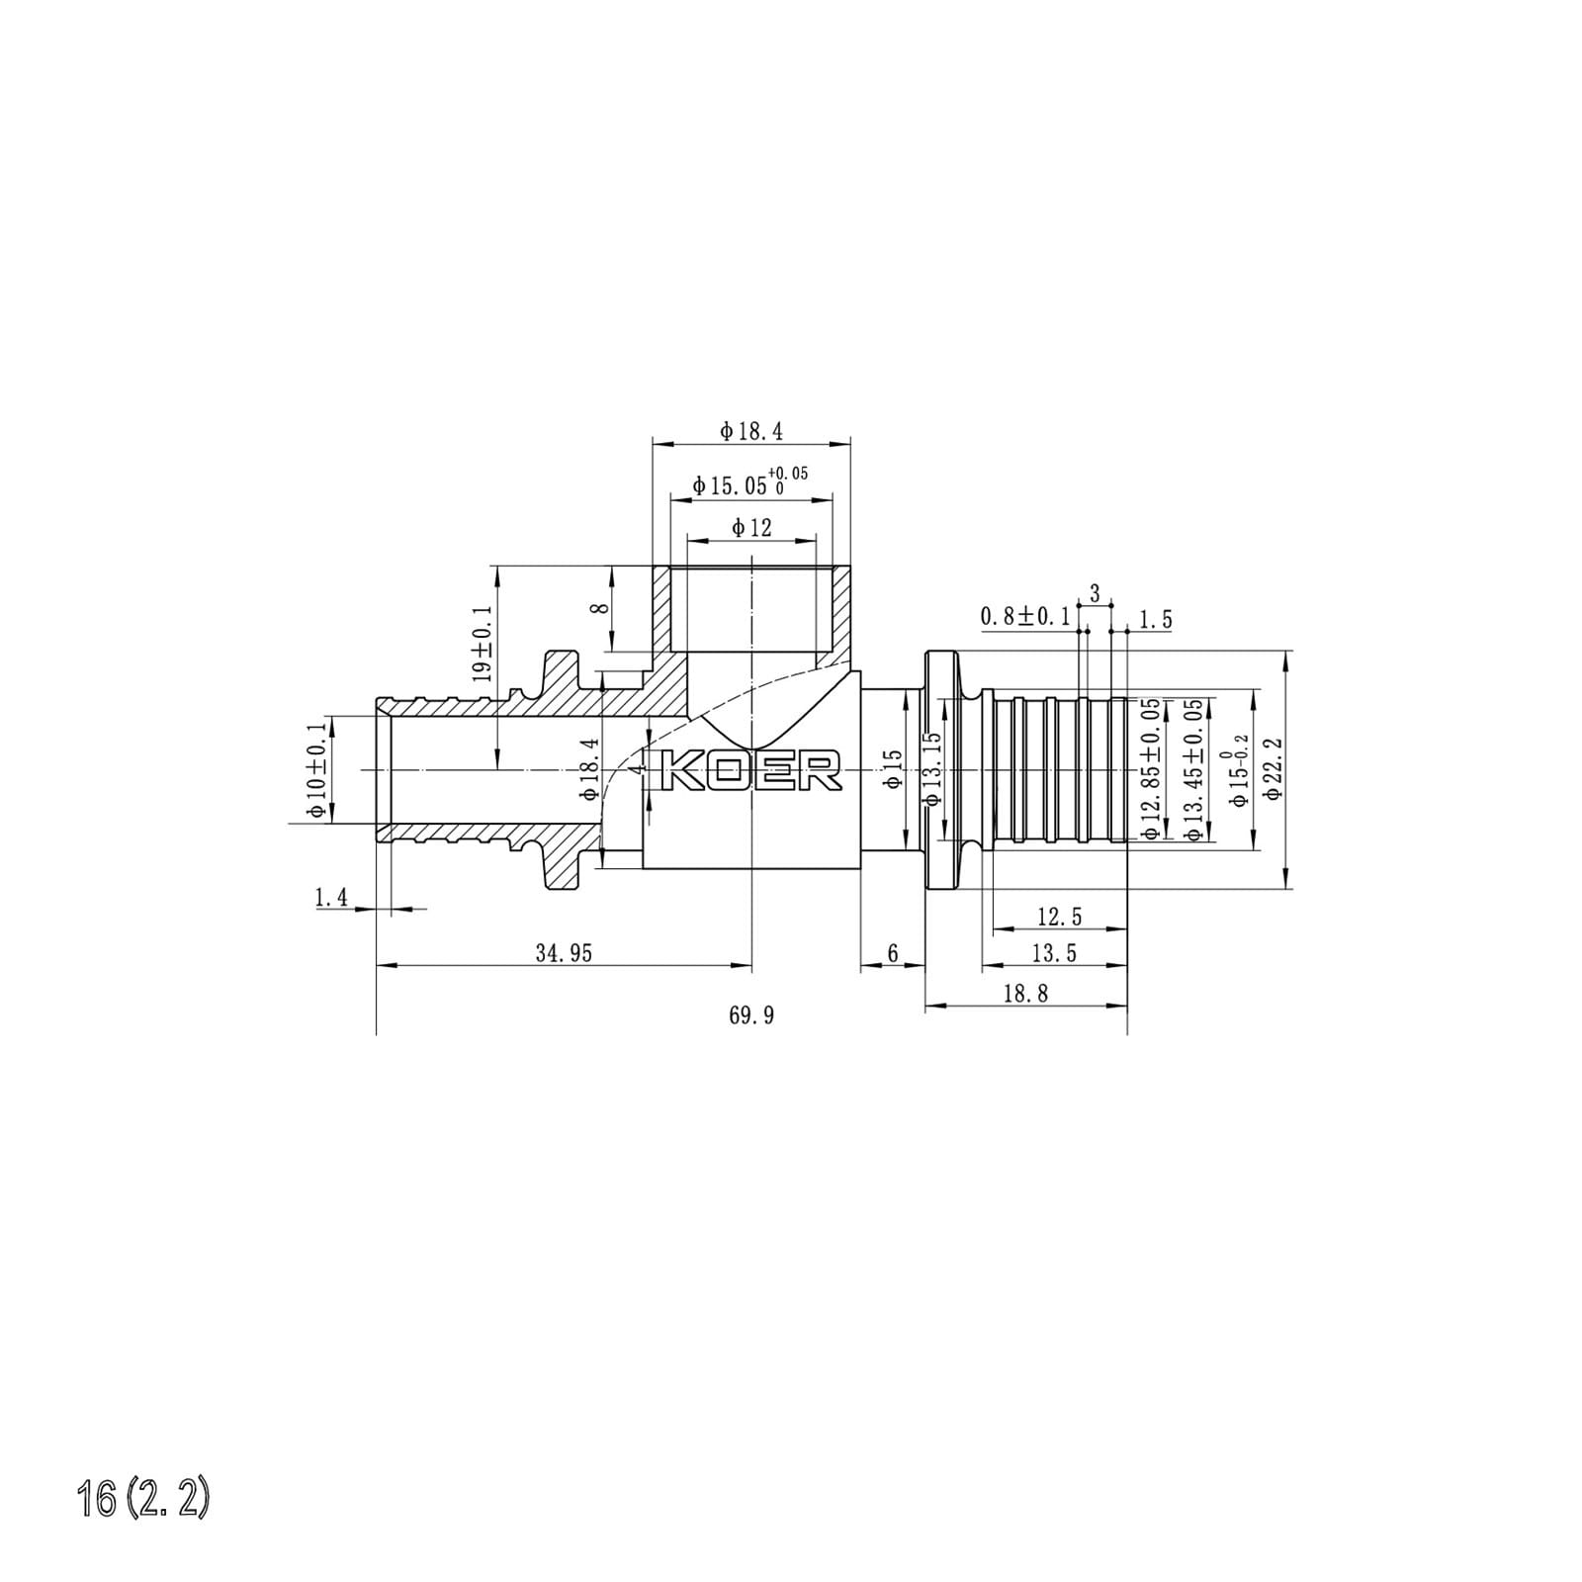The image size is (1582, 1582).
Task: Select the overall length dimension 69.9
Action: (x=751, y=1015)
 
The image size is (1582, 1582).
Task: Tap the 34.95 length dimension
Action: (x=564, y=953)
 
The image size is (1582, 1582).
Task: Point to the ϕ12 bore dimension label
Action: (x=751, y=528)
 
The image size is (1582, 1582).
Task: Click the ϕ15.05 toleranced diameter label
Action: (x=749, y=483)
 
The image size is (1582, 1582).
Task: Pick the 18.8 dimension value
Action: (x=1025, y=994)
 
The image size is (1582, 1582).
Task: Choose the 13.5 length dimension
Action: (x=1054, y=953)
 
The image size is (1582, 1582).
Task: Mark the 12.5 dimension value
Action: (x=1059, y=917)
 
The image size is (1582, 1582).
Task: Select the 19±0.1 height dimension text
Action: (x=483, y=644)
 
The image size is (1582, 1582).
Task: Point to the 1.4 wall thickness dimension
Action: (x=331, y=898)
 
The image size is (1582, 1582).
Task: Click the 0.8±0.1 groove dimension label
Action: (x=1025, y=617)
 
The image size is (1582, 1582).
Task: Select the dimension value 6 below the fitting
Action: (x=893, y=953)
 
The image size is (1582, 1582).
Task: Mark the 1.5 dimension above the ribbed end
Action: (x=1155, y=620)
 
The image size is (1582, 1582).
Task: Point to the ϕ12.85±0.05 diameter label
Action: (x=1150, y=770)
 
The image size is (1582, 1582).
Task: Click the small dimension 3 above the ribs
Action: (x=1095, y=594)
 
